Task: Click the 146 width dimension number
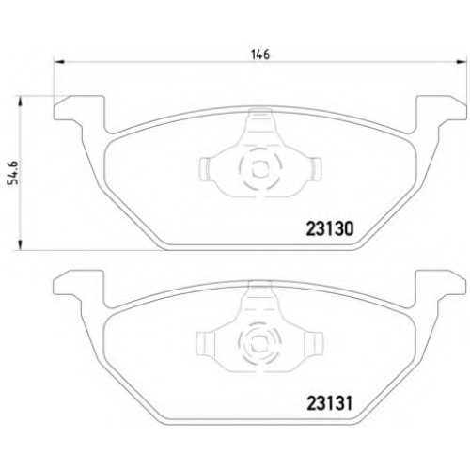point(260,55)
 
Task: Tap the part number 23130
point(330,229)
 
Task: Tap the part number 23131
point(330,403)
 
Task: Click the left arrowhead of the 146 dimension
point(59,62)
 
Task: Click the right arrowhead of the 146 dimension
point(462,62)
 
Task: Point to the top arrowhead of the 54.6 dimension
point(20,101)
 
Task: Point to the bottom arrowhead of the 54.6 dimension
point(20,245)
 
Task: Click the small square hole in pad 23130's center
point(260,169)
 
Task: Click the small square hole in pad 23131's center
point(260,343)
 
